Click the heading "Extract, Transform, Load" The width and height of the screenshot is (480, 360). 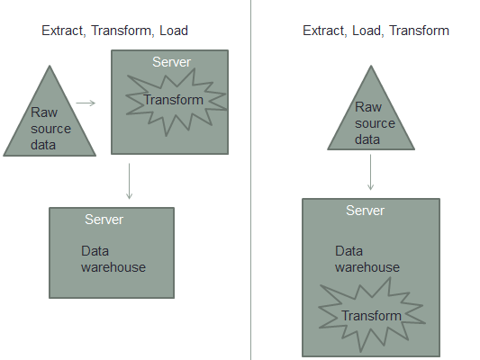pos(115,31)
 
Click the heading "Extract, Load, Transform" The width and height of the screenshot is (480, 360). pos(375,31)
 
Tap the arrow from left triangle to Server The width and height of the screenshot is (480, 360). pos(86,103)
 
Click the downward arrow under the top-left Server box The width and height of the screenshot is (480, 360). pos(131,180)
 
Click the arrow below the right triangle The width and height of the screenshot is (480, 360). pos(371,171)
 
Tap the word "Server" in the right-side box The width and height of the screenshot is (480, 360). pos(366,210)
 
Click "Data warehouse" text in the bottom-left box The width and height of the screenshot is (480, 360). pos(113,259)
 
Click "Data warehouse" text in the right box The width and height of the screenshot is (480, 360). pos(367,259)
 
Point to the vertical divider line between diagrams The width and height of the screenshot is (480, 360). pos(250,180)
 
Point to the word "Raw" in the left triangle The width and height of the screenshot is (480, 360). pos(42,113)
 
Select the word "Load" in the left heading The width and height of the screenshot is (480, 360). pos(174,31)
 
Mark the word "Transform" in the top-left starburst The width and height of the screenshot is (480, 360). pos(173,100)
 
